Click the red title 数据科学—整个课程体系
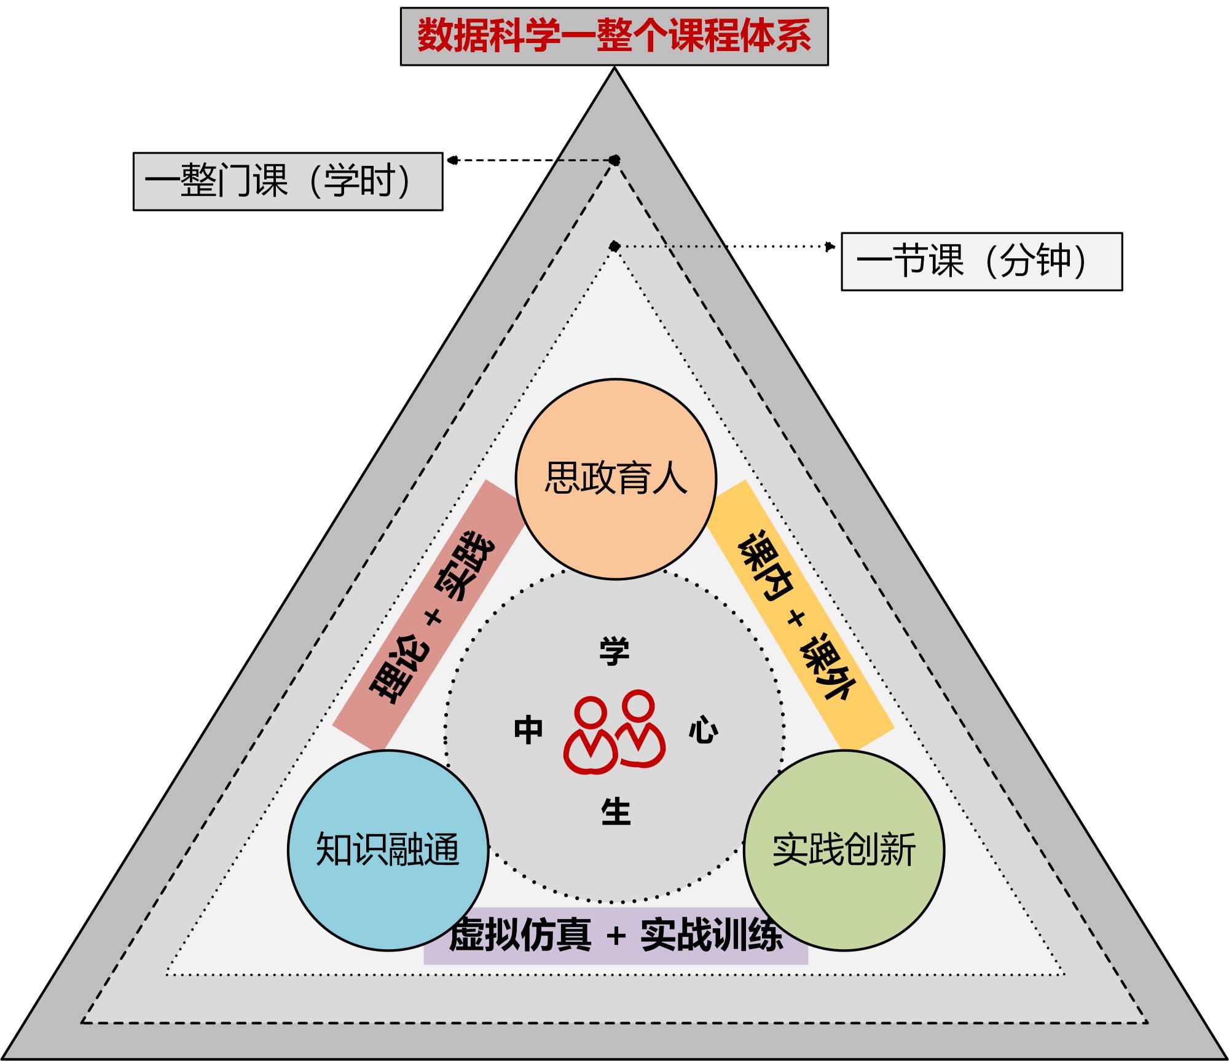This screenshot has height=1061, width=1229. click(x=614, y=36)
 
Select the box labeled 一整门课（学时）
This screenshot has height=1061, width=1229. click(x=288, y=181)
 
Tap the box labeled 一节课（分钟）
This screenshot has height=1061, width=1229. click(x=981, y=261)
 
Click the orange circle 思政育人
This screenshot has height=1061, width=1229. click(x=616, y=479)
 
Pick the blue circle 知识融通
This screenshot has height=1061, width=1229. click(x=388, y=850)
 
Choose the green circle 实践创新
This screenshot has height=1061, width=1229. click(x=844, y=850)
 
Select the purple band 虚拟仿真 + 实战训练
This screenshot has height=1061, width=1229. click(x=616, y=936)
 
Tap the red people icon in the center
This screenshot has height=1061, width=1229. click(x=614, y=732)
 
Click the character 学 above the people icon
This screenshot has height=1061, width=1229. click(x=614, y=652)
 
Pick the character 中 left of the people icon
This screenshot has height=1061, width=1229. click(x=528, y=730)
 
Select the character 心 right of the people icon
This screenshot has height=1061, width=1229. click(x=703, y=730)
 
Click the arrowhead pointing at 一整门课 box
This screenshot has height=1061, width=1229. click(x=452, y=160)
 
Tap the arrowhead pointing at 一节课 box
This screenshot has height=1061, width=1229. click(x=831, y=247)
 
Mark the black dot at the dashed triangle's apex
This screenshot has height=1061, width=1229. click(x=614, y=160)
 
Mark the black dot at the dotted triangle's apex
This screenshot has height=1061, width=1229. click(x=614, y=247)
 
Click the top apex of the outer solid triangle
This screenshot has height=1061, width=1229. click(x=614, y=68)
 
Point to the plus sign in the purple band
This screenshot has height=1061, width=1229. click(x=616, y=936)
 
